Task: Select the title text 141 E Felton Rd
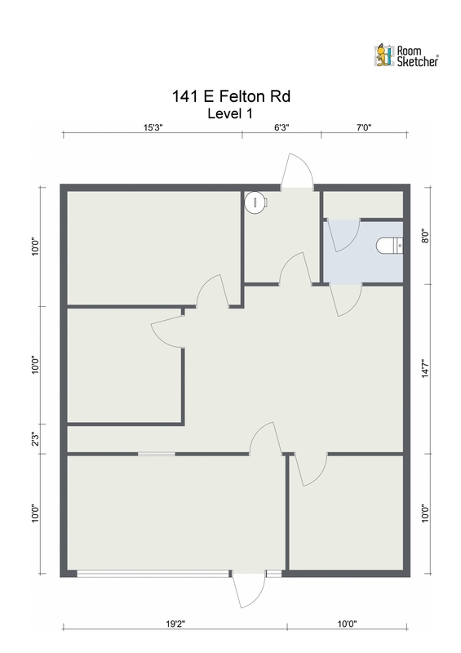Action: pyautogui.click(x=231, y=97)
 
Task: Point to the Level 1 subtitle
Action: pyautogui.click(x=231, y=113)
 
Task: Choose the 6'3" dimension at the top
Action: pyautogui.click(x=280, y=127)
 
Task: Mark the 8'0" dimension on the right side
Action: pyautogui.click(x=424, y=237)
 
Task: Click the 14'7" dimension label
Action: pyautogui.click(x=424, y=368)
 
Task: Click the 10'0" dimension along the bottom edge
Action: pyautogui.click(x=347, y=624)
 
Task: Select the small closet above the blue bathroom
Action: pyautogui.click(x=363, y=204)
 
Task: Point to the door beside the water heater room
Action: pyautogui.click(x=293, y=269)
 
